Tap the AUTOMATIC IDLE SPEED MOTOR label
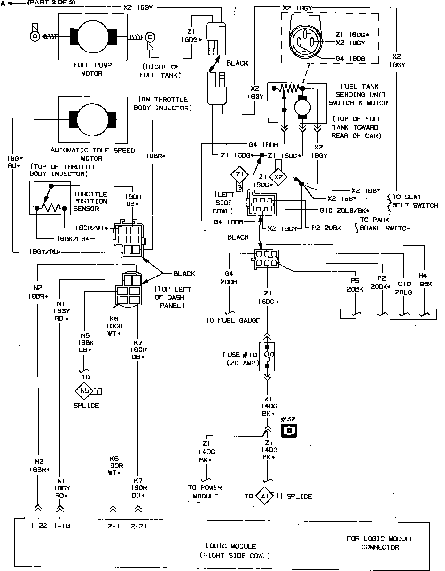coord(92,154)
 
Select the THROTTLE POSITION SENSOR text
coord(90,201)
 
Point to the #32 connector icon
coord(289,430)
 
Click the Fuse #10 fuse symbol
coord(268,356)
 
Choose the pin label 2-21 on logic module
coord(138,526)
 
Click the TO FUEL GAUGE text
coord(233,320)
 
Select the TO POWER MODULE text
coord(205,492)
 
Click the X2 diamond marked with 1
coord(278,177)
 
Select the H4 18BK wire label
coord(425,280)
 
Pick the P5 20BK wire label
coord(355,285)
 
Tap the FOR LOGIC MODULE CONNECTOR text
coord(380,543)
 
